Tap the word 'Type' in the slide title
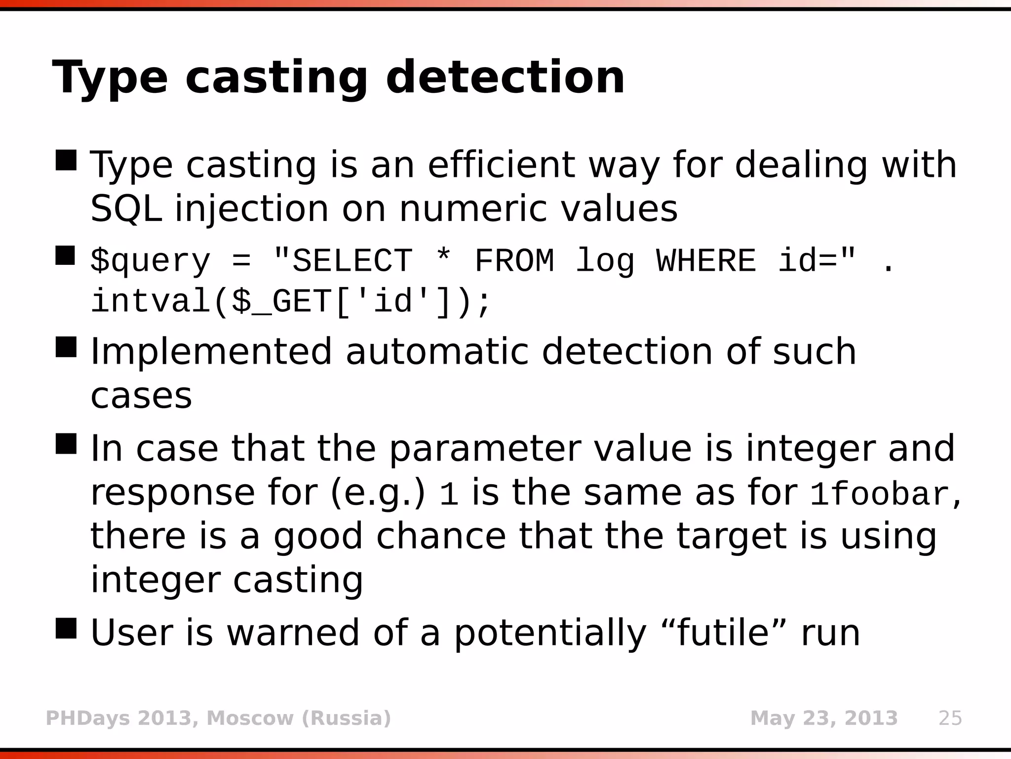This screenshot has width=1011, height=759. point(110,78)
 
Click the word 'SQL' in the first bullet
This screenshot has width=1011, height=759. point(126,209)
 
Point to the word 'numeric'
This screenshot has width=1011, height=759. point(473,209)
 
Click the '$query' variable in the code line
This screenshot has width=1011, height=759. point(151,261)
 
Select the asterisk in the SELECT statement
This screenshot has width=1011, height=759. point(443,259)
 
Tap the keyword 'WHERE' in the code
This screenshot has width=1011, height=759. point(706,260)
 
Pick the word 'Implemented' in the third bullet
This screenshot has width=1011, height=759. point(211,351)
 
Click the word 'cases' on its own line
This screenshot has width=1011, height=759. point(141,396)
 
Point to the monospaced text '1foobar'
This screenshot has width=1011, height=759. point(879,494)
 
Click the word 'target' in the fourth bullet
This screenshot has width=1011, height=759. point(731,536)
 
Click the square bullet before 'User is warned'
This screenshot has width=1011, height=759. point(66,628)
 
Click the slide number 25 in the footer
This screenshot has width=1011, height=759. point(950,718)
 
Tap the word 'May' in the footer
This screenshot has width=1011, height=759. point(773,718)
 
